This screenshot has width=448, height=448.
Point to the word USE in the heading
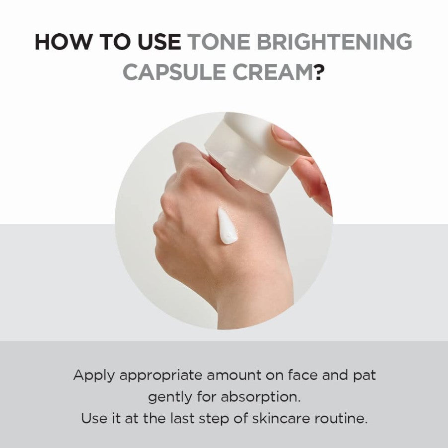pyautogui.click(x=158, y=43)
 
